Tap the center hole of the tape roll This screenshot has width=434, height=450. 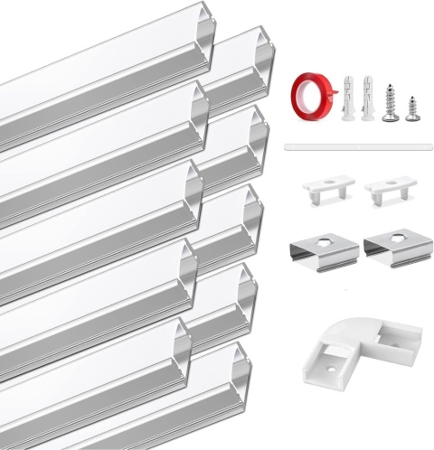(310, 92)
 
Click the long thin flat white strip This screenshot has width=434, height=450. (347, 145)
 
